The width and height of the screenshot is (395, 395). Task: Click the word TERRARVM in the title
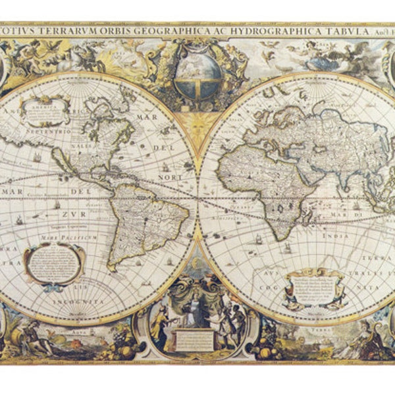[72, 30]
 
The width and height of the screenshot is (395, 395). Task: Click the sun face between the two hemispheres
[197, 122]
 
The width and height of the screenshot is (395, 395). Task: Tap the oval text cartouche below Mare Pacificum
[54, 263]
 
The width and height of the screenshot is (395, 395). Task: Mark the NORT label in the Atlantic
[172, 177]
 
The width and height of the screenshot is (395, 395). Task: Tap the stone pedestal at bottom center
[194, 338]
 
